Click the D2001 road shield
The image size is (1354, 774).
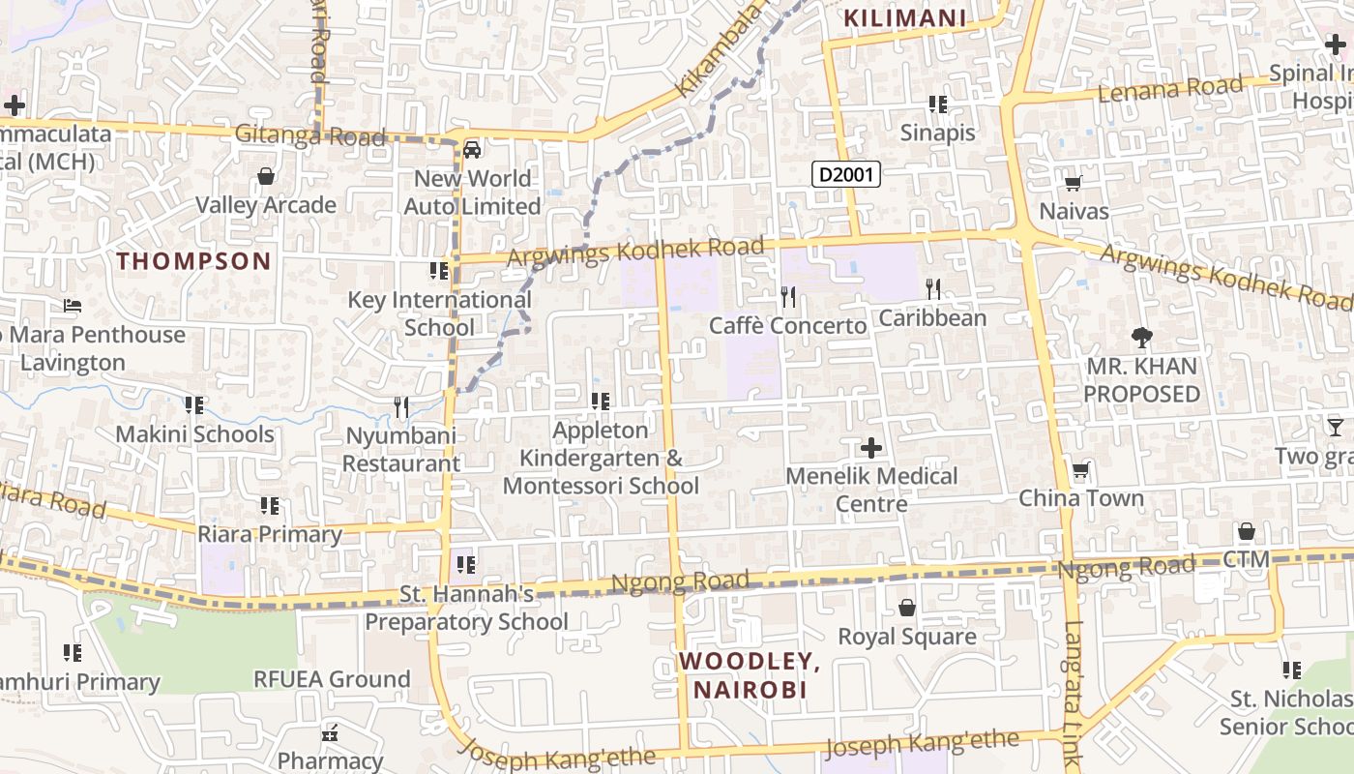click(845, 174)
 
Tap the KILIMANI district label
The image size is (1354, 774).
click(905, 18)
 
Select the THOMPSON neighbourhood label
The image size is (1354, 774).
click(194, 261)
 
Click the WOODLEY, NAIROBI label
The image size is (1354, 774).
click(750, 675)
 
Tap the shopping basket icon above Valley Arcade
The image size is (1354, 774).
click(266, 176)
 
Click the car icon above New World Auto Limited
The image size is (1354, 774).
click(472, 149)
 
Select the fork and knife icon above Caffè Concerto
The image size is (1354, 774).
click(788, 296)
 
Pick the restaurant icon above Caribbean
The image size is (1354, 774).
click(933, 288)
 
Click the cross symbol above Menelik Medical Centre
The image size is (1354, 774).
click(871, 447)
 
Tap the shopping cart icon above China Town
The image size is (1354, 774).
click(1081, 470)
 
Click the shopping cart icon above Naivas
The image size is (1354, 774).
click(1074, 182)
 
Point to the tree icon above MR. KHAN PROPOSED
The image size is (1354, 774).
click(1142, 338)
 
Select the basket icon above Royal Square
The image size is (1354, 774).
click(907, 608)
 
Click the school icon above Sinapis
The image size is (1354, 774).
click(937, 104)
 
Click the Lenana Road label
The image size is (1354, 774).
click(1171, 90)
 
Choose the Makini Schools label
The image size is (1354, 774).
click(194, 433)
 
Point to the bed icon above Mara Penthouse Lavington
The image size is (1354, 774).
click(73, 306)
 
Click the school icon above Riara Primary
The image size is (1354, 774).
click(270, 505)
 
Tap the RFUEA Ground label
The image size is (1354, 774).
click(332, 679)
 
